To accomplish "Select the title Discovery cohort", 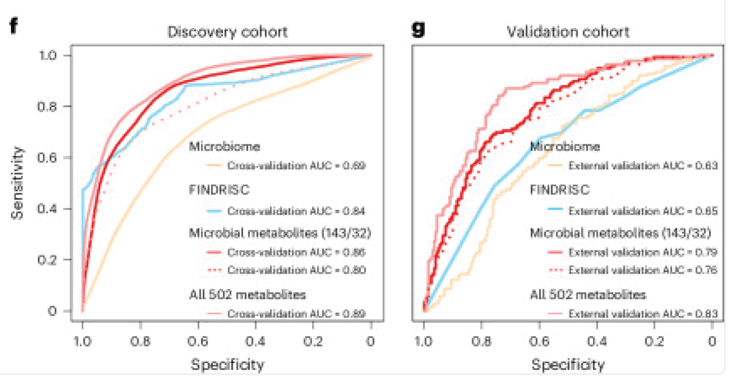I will point(227,32).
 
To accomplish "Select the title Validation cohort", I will point(568,32).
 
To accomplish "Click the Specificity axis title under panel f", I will point(227,365).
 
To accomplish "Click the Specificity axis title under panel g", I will point(568,365).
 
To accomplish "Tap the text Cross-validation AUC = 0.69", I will point(296,165).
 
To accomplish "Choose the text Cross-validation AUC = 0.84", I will point(296,212).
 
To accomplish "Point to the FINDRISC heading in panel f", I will point(219,190).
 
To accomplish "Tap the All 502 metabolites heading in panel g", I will point(587,295).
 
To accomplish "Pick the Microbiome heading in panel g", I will point(565,147).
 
